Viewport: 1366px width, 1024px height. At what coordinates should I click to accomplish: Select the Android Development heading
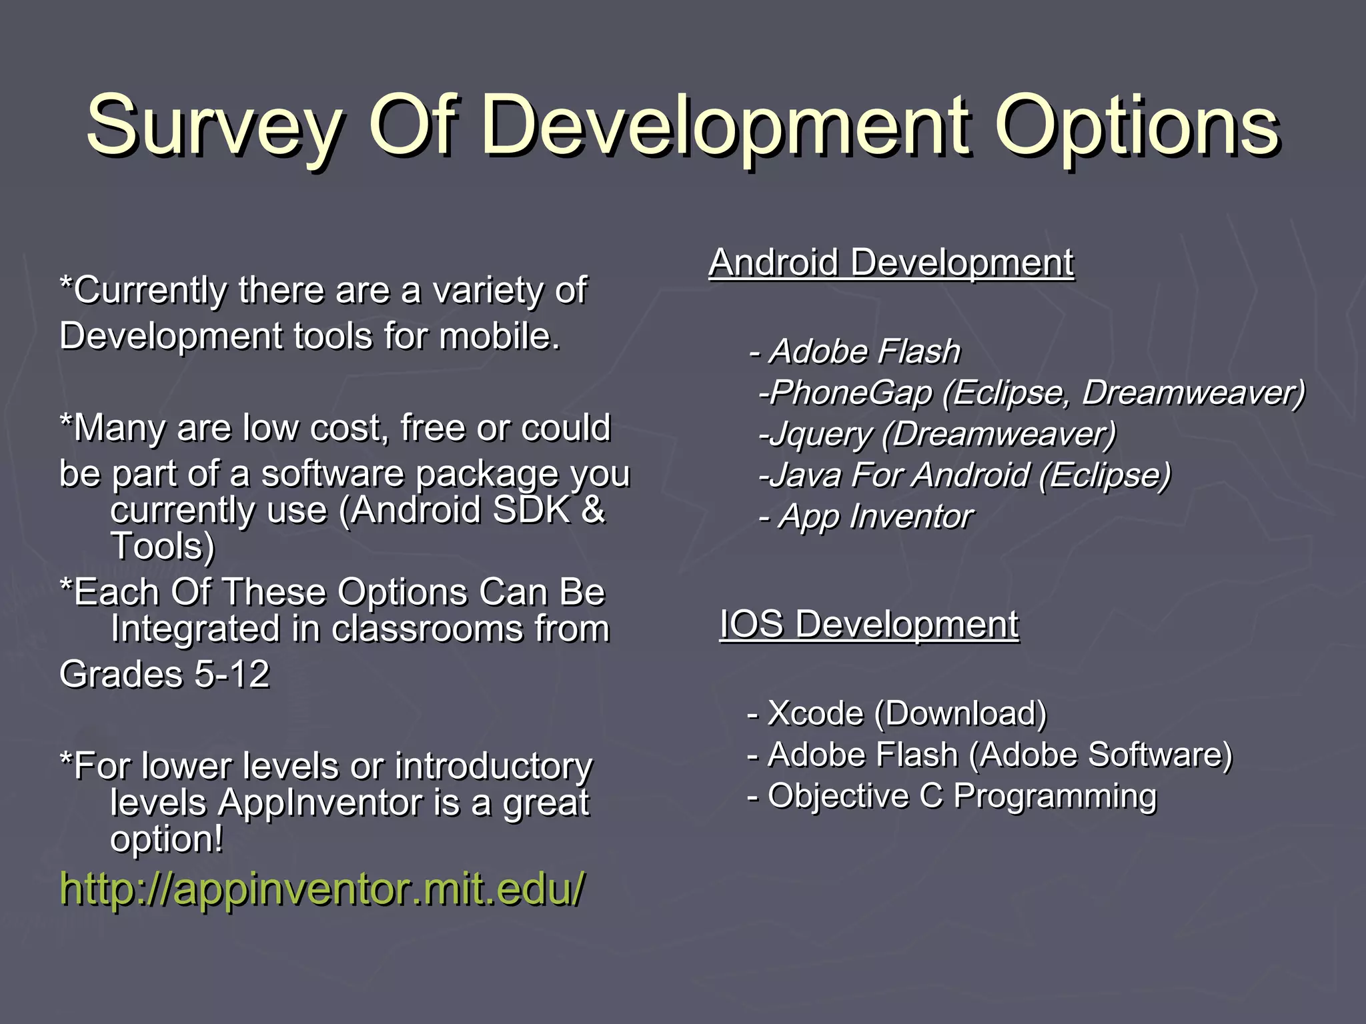pyautogui.click(x=891, y=263)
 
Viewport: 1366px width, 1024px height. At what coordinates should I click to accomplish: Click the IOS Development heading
pyautogui.click(x=868, y=625)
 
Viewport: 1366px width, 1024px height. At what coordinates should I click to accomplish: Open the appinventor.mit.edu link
pyautogui.click(x=322, y=889)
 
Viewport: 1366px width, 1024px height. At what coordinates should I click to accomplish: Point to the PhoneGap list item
pyautogui.click(x=1031, y=393)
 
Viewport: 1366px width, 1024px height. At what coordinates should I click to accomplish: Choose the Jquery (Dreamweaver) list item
pyautogui.click(x=937, y=434)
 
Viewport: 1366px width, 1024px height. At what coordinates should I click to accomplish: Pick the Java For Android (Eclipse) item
pyautogui.click(x=964, y=475)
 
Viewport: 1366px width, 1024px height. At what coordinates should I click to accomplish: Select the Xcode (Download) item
pyautogui.click(x=897, y=713)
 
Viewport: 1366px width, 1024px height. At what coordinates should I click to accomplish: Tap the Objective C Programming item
pyautogui.click(x=952, y=796)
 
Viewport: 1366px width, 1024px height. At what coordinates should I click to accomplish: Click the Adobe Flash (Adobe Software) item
pyautogui.click(x=990, y=755)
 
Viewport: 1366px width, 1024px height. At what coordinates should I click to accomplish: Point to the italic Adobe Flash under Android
pyautogui.click(x=855, y=351)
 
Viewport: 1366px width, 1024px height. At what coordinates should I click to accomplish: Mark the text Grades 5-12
pyautogui.click(x=164, y=674)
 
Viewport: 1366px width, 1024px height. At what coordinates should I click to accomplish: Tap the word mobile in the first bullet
pyautogui.click(x=499, y=336)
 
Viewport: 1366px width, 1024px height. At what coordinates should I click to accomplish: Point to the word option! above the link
pyautogui.click(x=167, y=839)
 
